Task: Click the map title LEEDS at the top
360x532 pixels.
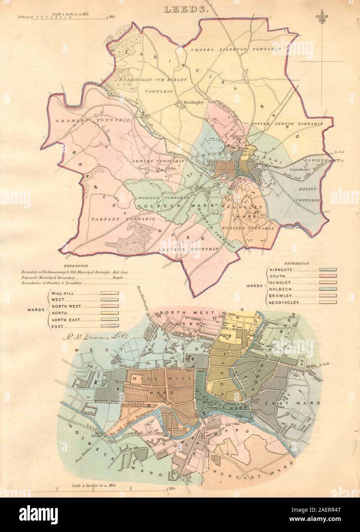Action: coord(186,10)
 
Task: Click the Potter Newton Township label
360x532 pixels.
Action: coord(287,124)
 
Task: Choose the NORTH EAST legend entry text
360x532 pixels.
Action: coord(66,320)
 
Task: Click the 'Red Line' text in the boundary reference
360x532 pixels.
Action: coord(119,271)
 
